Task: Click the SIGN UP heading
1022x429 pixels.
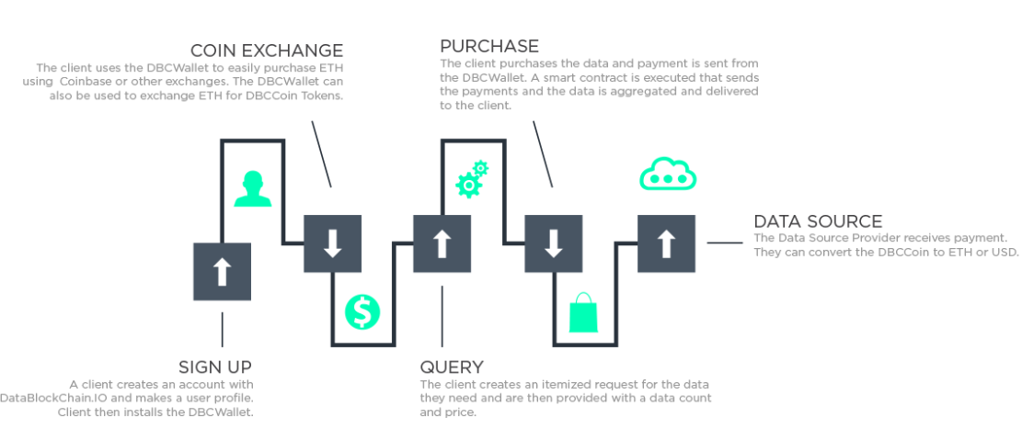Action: (215, 367)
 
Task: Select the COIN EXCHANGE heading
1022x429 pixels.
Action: (267, 51)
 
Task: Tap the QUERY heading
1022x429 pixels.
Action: (452, 367)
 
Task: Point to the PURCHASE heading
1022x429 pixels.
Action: (489, 46)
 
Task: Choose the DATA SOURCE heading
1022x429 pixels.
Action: (818, 221)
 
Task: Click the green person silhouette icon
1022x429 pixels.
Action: (252, 189)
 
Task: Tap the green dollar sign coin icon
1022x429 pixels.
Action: (362, 312)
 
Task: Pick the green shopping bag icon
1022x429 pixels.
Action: (583, 311)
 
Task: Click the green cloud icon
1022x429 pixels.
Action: (667, 175)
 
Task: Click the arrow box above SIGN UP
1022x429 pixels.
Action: (222, 272)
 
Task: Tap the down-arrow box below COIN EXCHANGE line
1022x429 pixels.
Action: (332, 243)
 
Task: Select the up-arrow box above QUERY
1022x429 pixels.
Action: (442, 243)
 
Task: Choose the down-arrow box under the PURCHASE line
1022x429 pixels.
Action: (553, 243)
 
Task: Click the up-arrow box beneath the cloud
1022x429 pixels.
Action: (666, 243)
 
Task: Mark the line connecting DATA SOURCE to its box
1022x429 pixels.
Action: (725, 243)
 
